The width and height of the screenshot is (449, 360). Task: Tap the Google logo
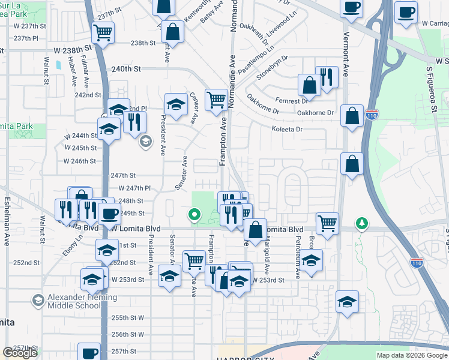pyautogui.click(x=20, y=353)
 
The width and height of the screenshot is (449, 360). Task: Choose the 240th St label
pyautogui.click(x=125, y=69)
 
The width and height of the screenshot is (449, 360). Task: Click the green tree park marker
pyautogui.click(x=361, y=223)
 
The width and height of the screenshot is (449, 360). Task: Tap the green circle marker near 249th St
pyautogui.click(x=193, y=213)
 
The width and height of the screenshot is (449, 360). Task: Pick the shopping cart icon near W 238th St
pyautogui.click(x=103, y=33)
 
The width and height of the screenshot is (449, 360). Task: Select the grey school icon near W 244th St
pyautogui.click(x=145, y=142)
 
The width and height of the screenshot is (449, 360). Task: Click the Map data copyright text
pyautogui.click(x=412, y=355)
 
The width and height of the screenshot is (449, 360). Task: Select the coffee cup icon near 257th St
pyautogui.click(x=90, y=353)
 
